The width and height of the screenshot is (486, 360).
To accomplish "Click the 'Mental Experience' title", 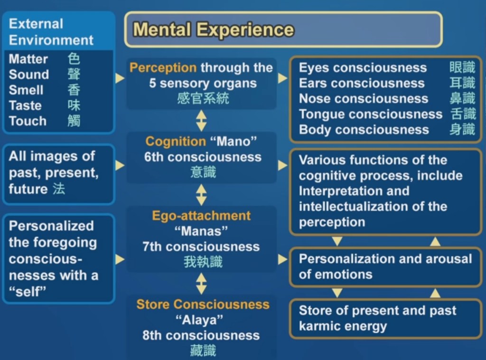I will click(213, 29).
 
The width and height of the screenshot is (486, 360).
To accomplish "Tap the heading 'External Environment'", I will click(51, 32).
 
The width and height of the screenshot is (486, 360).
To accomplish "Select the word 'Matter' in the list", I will click(28, 59).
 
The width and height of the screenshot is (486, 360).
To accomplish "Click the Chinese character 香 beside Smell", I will click(74, 90).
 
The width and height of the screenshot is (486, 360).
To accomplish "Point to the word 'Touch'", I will click(28, 121).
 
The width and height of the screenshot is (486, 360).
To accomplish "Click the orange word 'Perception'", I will click(163, 68).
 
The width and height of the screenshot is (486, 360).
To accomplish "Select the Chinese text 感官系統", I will click(203, 99).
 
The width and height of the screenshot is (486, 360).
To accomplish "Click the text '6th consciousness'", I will click(203, 157).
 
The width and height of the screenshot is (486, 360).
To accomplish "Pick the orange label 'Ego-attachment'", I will click(201, 216).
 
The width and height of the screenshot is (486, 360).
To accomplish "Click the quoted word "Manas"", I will click(201, 231).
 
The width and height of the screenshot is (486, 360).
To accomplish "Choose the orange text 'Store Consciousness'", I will click(203, 304).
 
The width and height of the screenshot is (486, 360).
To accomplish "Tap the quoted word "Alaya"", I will click(202, 320).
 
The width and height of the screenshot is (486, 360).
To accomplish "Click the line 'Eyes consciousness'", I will click(363, 68).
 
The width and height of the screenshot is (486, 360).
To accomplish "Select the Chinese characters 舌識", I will click(462, 114).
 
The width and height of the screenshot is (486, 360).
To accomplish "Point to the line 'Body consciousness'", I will click(364, 129).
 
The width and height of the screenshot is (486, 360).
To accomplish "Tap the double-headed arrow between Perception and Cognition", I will click(202, 120).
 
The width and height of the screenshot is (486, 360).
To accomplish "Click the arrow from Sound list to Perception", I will click(120, 78).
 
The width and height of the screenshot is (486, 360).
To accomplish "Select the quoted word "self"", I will click(28, 291).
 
